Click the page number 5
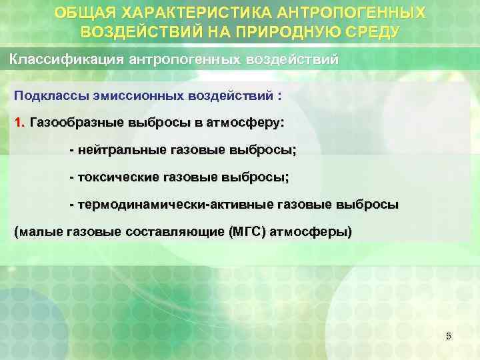click(x=448, y=337)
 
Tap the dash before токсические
click(x=72, y=177)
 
